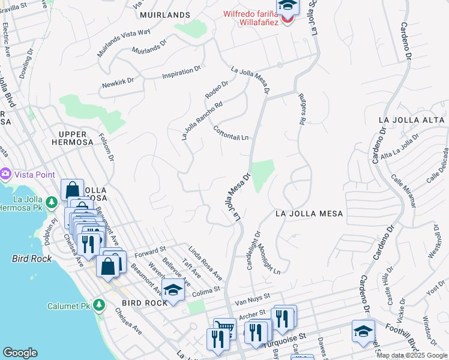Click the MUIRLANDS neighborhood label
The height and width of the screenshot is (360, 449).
pos(160,14)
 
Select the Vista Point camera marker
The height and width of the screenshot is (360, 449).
pos(6,173)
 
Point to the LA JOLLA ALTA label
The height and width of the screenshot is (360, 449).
pos(412,120)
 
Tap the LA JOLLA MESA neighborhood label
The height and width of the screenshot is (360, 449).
pos(309,214)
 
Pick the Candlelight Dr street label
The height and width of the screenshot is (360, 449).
pos(254,250)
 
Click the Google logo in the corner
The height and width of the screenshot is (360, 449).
pos(20,352)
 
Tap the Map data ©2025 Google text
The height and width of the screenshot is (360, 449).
pos(412,355)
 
